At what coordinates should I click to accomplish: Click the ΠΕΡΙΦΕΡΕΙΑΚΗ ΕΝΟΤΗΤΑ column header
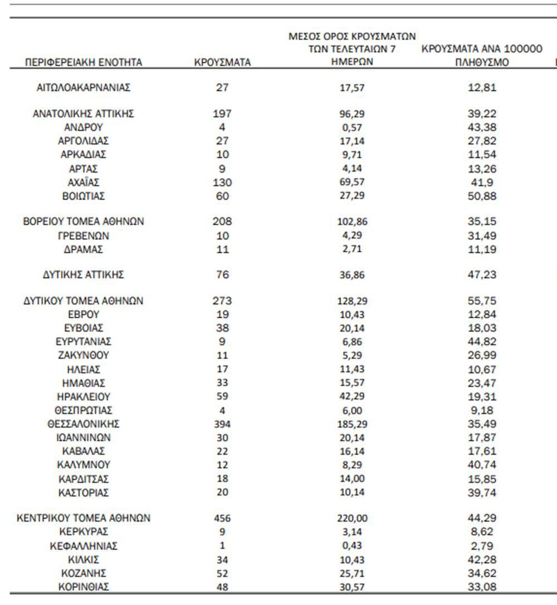pyautogui.click(x=84, y=62)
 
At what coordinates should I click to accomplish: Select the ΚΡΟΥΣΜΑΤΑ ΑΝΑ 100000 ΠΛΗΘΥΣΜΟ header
pyautogui.click(x=482, y=56)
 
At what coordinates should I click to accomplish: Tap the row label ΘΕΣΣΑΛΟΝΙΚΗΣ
pyautogui.click(x=84, y=424)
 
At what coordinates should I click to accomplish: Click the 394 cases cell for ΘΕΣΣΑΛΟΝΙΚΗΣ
pyautogui.click(x=222, y=424)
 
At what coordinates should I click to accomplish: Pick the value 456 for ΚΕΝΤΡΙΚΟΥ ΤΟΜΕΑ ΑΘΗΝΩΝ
pyautogui.click(x=222, y=518)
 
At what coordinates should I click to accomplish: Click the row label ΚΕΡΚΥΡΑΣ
pyautogui.click(x=84, y=532)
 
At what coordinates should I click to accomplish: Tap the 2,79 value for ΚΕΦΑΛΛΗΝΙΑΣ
pyautogui.click(x=482, y=546)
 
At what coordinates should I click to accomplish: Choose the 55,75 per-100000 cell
pyautogui.click(x=482, y=301)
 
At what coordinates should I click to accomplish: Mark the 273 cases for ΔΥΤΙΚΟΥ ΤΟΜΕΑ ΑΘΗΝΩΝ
pyautogui.click(x=222, y=301)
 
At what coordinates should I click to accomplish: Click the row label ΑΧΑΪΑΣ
pyautogui.click(x=84, y=183)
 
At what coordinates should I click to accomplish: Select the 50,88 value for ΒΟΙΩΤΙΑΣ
pyautogui.click(x=482, y=196)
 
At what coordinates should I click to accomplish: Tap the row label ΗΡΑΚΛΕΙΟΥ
pyautogui.click(x=84, y=397)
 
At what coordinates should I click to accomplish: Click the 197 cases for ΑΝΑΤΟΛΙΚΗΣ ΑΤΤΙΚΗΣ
pyautogui.click(x=222, y=114)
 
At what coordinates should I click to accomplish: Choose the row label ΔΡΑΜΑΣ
pyautogui.click(x=84, y=250)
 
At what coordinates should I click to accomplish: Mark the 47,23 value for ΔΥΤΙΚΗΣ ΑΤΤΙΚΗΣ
pyautogui.click(x=482, y=275)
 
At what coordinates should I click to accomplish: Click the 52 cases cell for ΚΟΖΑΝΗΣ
pyautogui.click(x=222, y=573)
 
